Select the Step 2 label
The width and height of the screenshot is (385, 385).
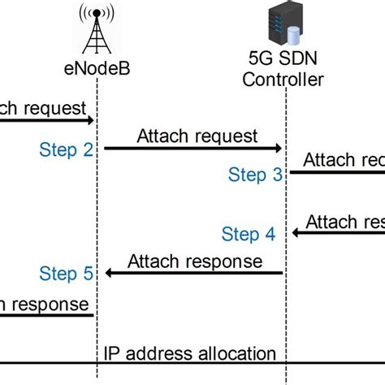[x=67, y=149]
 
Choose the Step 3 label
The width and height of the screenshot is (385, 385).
[x=256, y=174]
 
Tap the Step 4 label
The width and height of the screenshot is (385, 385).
[x=249, y=235]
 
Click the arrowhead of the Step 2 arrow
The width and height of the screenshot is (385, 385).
[x=277, y=149]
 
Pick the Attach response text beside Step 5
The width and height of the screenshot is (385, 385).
[x=194, y=261]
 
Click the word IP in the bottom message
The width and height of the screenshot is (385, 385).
[x=112, y=353]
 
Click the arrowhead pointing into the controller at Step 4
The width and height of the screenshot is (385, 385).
[x=296, y=233]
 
